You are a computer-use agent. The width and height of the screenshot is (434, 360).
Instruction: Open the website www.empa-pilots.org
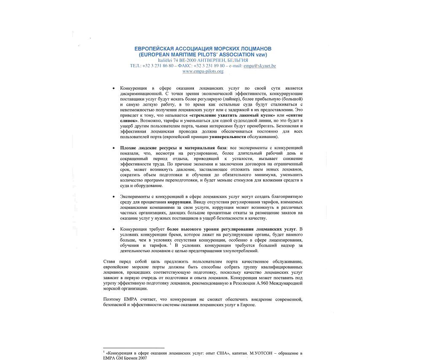[x=203, y=71]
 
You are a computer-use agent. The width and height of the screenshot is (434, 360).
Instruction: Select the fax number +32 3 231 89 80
[x=209, y=66]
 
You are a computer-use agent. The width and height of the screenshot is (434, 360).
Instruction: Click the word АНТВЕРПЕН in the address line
[x=211, y=60]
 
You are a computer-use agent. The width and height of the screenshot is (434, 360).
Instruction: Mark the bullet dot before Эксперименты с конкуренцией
[x=114, y=197]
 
